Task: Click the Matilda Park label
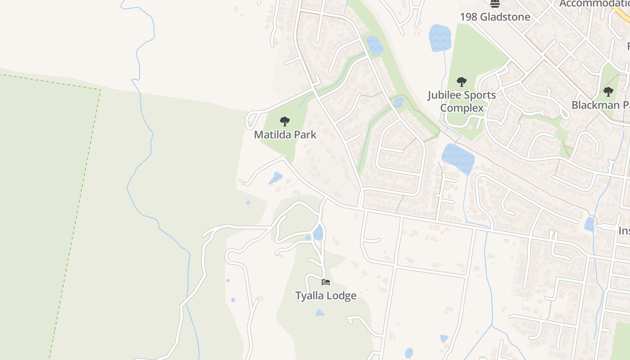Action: point(285,135)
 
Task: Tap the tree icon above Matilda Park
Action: point(284,121)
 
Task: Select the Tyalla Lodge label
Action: point(326,296)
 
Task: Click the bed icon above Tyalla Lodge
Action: point(326,282)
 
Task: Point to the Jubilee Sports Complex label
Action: point(462,101)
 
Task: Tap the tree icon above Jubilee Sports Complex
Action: point(461,82)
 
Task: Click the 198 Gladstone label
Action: point(495,17)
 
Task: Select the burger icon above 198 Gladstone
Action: point(495,4)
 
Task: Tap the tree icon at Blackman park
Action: point(608,92)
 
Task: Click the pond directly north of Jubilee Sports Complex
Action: point(440,38)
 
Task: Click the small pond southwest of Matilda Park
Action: point(275,178)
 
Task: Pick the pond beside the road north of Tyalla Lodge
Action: point(318,233)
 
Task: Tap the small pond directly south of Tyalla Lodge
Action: point(319,312)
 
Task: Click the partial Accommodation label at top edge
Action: point(594,4)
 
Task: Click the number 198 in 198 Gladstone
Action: point(469,17)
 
